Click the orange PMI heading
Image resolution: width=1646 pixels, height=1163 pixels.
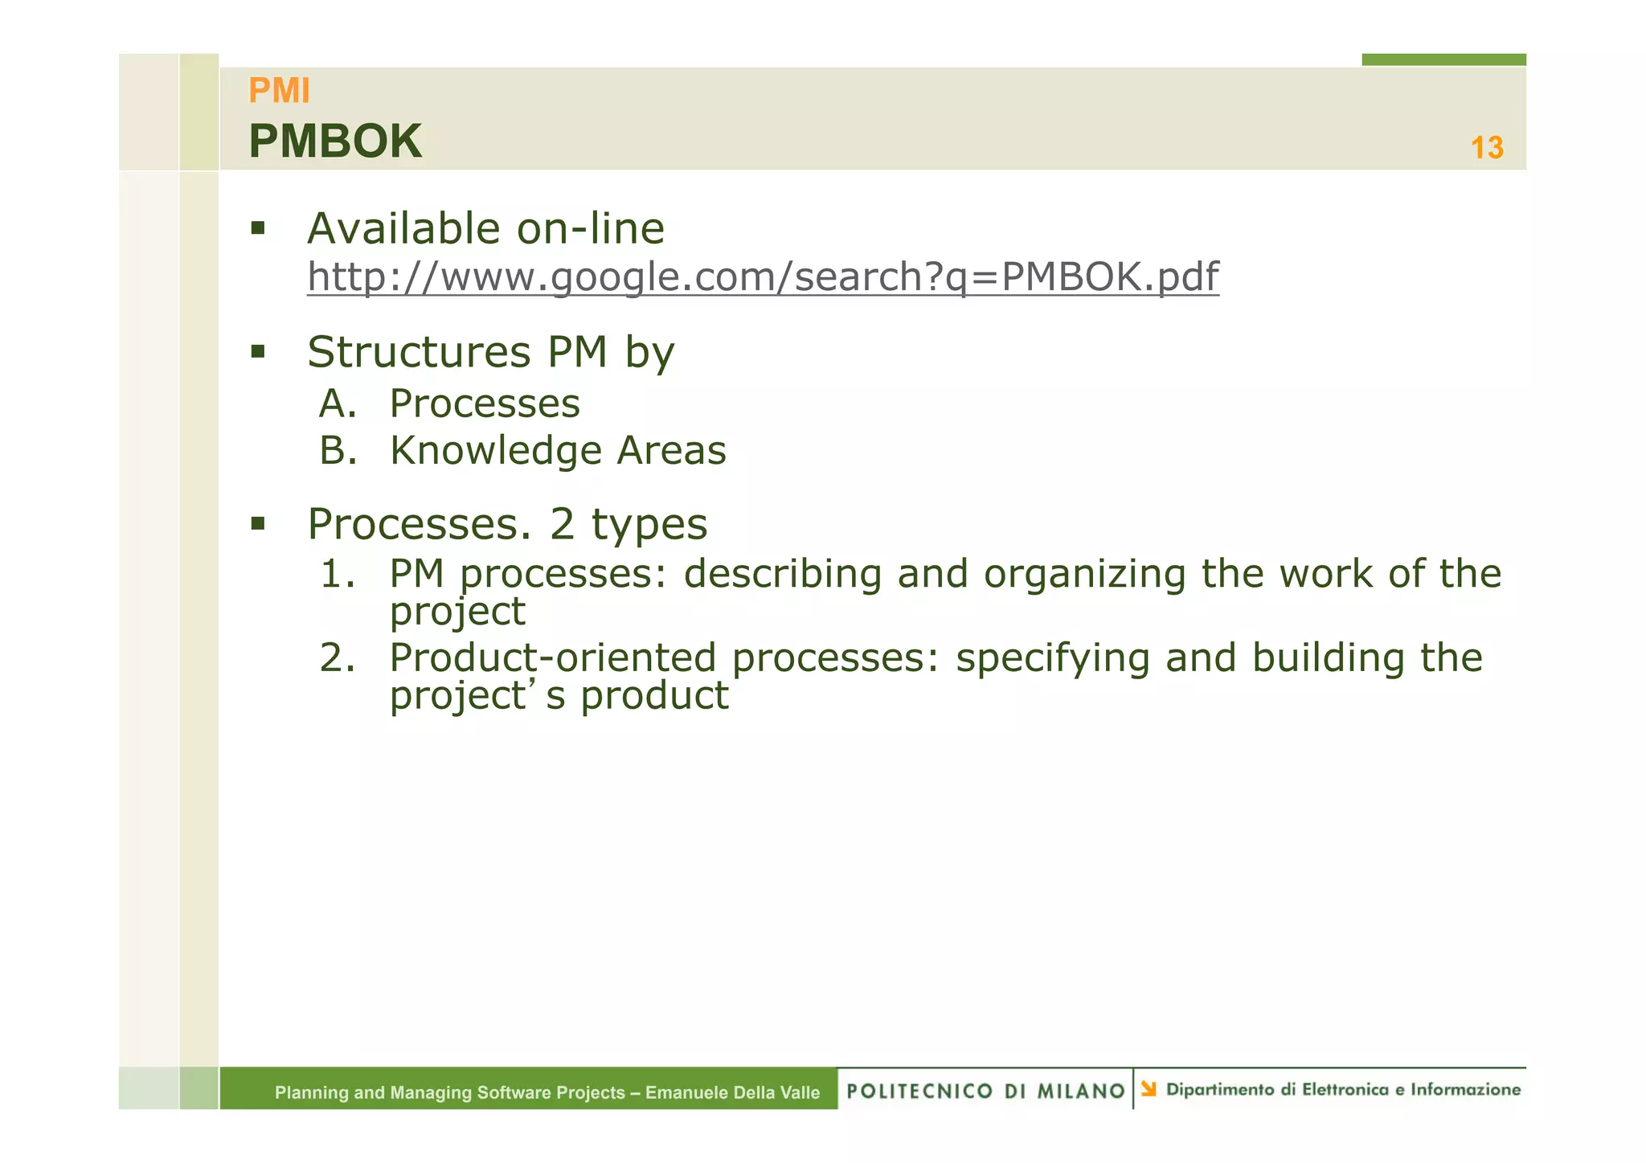tap(279, 91)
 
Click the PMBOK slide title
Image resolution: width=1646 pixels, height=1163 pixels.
tap(335, 141)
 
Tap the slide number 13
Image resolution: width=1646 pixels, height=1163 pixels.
tap(1486, 148)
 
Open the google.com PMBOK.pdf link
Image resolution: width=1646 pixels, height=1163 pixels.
tap(763, 276)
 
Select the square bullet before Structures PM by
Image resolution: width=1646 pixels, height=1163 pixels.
tap(257, 351)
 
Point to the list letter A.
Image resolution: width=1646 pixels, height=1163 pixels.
tap(336, 403)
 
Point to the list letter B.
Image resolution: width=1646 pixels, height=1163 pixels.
tap(336, 450)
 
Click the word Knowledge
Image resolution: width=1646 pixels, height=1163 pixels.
tap(495, 451)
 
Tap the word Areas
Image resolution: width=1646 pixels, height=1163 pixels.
tap(671, 450)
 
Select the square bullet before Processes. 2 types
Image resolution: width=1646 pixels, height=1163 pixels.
tap(257, 524)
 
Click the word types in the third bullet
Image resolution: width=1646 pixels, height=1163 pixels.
tap(649, 525)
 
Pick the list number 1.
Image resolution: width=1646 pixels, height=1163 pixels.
tap(337, 574)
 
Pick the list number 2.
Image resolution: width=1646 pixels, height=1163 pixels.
tap(337, 657)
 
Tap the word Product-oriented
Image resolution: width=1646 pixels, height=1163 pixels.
tap(552, 657)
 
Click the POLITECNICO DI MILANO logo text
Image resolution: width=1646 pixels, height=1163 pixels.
tap(985, 1091)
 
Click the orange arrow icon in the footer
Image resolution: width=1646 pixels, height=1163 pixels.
tap(1149, 1089)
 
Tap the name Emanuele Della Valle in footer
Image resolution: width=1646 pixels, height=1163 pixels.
tap(732, 1092)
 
